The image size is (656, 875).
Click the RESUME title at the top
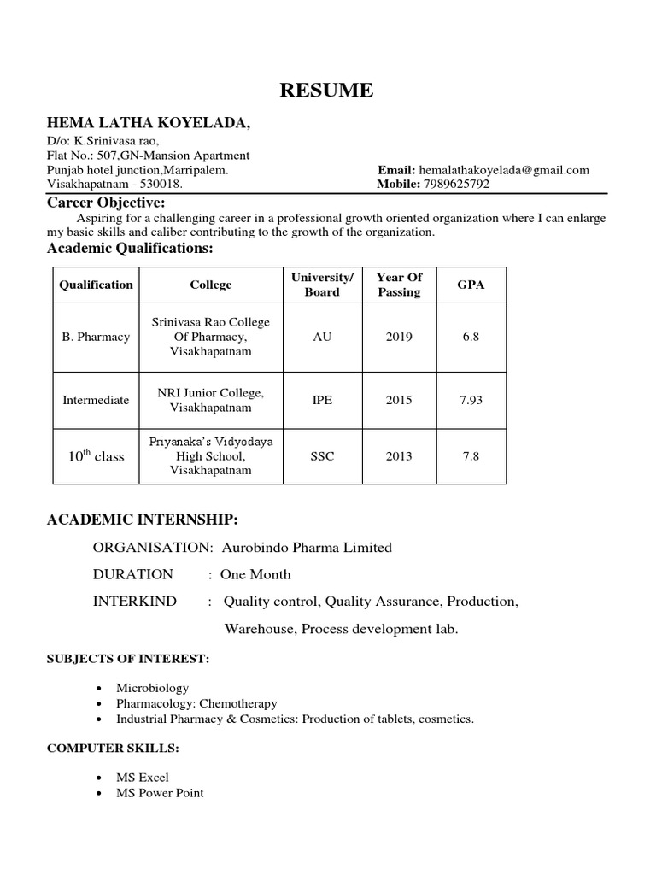point(328,91)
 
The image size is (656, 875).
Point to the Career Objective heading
point(105,203)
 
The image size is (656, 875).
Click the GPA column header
point(471,285)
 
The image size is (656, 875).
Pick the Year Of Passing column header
point(399,285)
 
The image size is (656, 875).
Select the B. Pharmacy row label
point(96,337)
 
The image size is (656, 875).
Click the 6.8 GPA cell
point(471,337)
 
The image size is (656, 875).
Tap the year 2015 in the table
point(399,400)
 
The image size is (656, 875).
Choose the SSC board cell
point(322,456)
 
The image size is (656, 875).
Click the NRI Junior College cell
point(210,400)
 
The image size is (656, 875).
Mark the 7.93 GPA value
point(471,400)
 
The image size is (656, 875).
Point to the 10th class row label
point(96,456)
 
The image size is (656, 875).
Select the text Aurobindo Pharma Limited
point(307,548)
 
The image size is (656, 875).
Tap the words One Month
point(255,574)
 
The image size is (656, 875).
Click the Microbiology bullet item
point(153,687)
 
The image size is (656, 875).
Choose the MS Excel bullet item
point(143,778)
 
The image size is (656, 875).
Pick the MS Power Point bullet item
point(160,793)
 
